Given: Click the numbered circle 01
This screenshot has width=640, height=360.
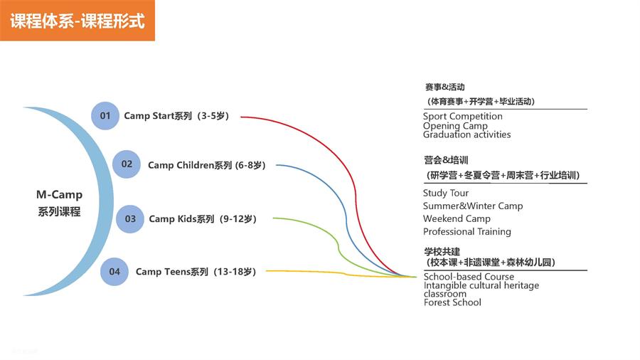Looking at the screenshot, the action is (105, 116).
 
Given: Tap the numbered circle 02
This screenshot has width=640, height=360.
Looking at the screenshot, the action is (127, 164).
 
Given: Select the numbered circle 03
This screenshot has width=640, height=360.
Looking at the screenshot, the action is (130, 219).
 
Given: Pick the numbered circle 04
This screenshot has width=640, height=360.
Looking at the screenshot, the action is (114, 272).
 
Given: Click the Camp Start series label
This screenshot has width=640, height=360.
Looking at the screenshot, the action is (176, 116).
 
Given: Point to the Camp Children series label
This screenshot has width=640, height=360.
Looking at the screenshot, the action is (206, 165).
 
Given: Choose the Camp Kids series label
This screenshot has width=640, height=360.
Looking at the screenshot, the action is (203, 219).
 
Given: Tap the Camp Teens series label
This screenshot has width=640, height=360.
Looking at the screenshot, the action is (196, 272).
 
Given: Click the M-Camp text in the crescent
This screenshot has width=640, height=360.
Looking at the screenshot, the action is (59, 195).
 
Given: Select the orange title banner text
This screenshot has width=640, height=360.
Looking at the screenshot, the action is (78, 21).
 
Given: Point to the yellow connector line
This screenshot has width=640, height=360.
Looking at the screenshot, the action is (341, 272).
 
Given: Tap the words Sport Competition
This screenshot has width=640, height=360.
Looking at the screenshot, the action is (462, 117).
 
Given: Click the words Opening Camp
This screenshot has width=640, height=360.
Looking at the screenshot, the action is (455, 126).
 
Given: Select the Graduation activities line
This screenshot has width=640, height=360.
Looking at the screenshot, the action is (466, 134).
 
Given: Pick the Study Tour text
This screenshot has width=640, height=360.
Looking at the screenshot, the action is (446, 193).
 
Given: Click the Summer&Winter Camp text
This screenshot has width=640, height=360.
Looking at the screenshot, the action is (473, 206).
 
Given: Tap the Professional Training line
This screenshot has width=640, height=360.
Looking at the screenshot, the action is (467, 232).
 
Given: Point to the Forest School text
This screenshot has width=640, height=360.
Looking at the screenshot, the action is (452, 302).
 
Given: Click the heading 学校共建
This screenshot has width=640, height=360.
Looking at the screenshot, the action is (442, 251).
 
